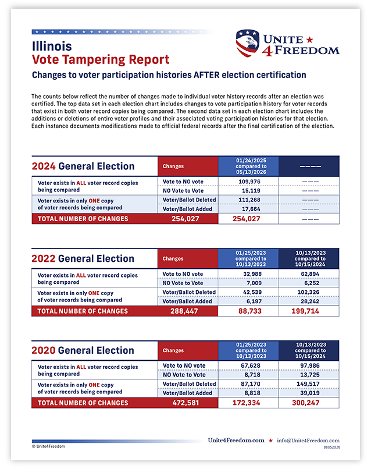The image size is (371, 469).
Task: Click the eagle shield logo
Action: click(248, 43)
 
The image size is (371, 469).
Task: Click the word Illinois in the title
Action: click(52, 47)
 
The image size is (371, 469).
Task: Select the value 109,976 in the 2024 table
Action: click(249, 182)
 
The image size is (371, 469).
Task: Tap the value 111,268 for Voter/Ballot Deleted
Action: click(249, 200)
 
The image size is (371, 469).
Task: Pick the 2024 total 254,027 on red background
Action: click(185, 219)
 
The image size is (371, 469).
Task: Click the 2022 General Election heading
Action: click(83, 258)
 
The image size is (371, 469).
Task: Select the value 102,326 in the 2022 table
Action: click(308, 292)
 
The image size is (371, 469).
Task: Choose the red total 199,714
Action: click(305, 311)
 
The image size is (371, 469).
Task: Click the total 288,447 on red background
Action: click(184, 311)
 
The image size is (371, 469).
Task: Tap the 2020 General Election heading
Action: click(83, 350)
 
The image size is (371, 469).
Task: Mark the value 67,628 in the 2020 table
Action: click(251, 365)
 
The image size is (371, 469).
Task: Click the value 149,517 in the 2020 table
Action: click(309, 384)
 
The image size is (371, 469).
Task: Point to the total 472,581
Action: click(185, 403)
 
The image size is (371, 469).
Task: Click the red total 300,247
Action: click(305, 403)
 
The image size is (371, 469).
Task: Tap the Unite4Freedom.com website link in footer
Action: click(236, 440)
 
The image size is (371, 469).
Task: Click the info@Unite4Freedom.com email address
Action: click(308, 440)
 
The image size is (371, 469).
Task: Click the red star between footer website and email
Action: click(270, 440)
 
